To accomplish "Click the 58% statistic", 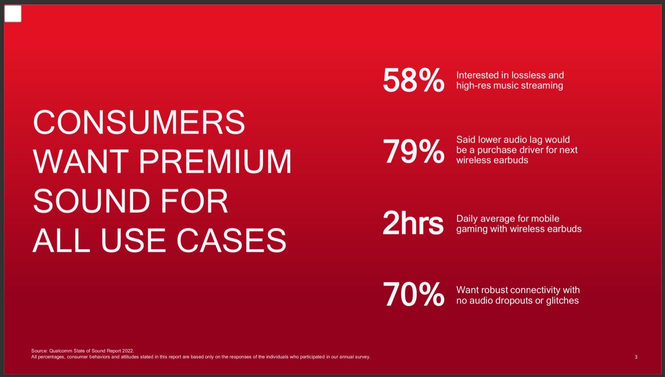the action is [x=414, y=80].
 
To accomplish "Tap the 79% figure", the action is [x=414, y=151].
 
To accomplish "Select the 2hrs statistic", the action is [x=413, y=223].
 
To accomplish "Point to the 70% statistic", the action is [x=414, y=294].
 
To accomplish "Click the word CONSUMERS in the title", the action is [x=139, y=122].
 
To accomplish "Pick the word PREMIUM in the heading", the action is [x=215, y=162].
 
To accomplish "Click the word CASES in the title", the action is [x=232, y=240].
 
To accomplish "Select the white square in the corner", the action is [x=13, y=14].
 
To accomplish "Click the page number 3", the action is [x=636, y=357].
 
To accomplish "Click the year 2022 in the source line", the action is [x=128, y=351].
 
